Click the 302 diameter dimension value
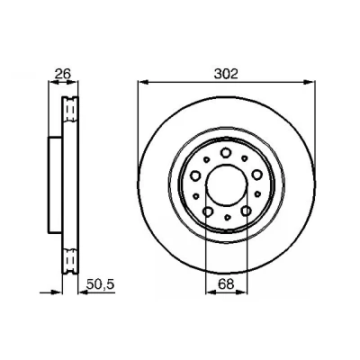click(226, 74)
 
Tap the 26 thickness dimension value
click(63, 74)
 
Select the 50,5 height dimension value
click(100, 284)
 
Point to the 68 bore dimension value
click(226, 284)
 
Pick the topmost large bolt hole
click(225, 153)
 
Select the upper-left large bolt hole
click(195, 175)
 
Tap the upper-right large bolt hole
click(257, 175)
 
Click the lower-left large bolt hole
click(208, 211)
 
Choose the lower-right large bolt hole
click(246, 211)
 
